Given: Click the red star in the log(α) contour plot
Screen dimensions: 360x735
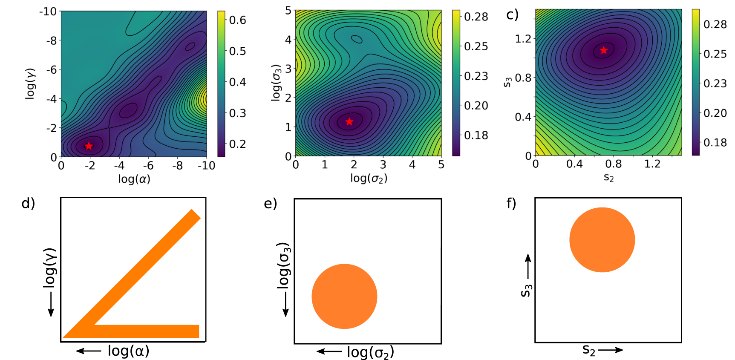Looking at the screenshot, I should click(89, 146).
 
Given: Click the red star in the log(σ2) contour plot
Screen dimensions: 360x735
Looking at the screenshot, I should click(349, 121).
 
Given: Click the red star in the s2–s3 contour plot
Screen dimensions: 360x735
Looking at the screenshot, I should click(603, 50).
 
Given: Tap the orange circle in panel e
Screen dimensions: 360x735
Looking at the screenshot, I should click(344, 296).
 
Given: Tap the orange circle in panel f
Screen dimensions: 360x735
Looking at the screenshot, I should click(602, 240).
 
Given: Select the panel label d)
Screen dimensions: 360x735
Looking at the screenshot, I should click(28, 203).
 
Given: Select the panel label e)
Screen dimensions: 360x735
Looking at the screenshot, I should click(271, 204).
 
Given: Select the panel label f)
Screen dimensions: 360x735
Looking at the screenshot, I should click(511, 203).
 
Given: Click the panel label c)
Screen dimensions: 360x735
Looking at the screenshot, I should click(512, 15).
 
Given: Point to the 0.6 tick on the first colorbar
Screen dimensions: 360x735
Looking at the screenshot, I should click(237, 20).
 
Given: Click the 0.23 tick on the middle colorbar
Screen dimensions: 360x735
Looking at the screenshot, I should click(476, 76).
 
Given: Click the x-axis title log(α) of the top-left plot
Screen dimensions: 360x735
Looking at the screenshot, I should click(134, 179).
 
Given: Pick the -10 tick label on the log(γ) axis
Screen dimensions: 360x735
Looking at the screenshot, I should click(48, 12).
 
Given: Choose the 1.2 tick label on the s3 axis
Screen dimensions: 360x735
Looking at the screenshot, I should click(523, 39).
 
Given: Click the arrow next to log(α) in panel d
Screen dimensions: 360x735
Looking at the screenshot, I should click(89, 351).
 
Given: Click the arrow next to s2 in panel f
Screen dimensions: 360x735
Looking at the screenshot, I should click(610, 350).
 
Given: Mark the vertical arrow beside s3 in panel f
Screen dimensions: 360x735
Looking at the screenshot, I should click(528, 266).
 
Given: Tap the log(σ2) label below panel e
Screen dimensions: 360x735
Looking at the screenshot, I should click(370, 352).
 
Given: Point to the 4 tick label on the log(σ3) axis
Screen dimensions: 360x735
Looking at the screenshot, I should click(288, 40).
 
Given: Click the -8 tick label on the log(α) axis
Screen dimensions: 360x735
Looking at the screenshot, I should click(177, 166).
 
